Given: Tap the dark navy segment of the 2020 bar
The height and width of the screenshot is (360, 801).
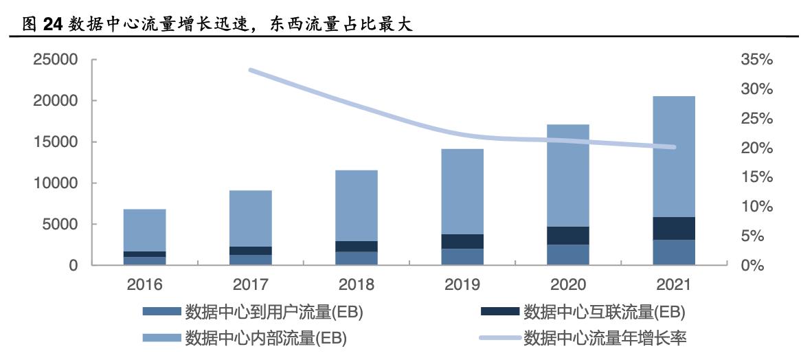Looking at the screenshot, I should point(568,236).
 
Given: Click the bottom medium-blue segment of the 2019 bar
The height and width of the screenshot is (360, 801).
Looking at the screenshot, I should point(462,257).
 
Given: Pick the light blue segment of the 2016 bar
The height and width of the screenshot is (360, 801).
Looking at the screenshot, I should point(145,230).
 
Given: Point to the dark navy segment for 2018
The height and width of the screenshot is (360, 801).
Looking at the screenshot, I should point(357,247).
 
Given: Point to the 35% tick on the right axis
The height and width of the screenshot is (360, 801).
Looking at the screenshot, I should point(757,60).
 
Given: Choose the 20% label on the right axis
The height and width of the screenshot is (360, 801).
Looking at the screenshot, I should point(757,148).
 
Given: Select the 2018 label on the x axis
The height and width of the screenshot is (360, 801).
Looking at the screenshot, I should point(357,284).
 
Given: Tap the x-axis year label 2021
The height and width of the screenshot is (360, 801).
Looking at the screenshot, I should point(674,284).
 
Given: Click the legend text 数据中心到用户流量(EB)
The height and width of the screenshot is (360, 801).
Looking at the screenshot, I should point(273,313).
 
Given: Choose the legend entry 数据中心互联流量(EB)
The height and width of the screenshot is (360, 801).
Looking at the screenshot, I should point(605,313).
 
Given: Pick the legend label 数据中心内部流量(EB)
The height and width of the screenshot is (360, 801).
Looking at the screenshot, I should point(266,338).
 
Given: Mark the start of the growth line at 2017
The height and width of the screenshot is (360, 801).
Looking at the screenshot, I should point(251,70).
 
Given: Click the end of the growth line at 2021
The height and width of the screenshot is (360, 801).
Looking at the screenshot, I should point(674,147).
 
